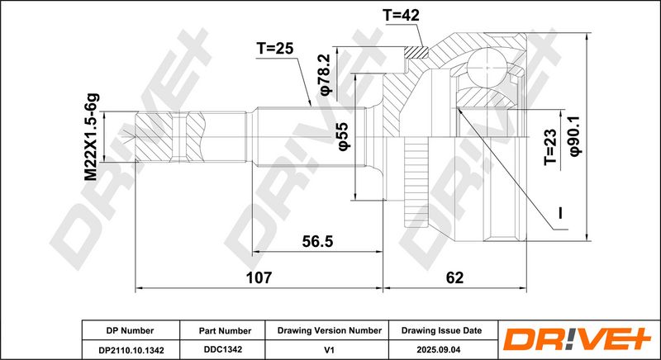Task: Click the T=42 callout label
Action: point(401,16)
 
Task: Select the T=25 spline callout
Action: point(274,49)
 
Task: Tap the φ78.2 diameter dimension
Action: point(326,74)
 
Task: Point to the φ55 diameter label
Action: point(343,135)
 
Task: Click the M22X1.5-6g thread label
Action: point(92,137)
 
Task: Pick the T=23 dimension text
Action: point(550,147)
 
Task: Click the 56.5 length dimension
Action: point(317,241)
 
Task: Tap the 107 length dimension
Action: point(259,277)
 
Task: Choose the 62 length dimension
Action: point(454,277)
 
